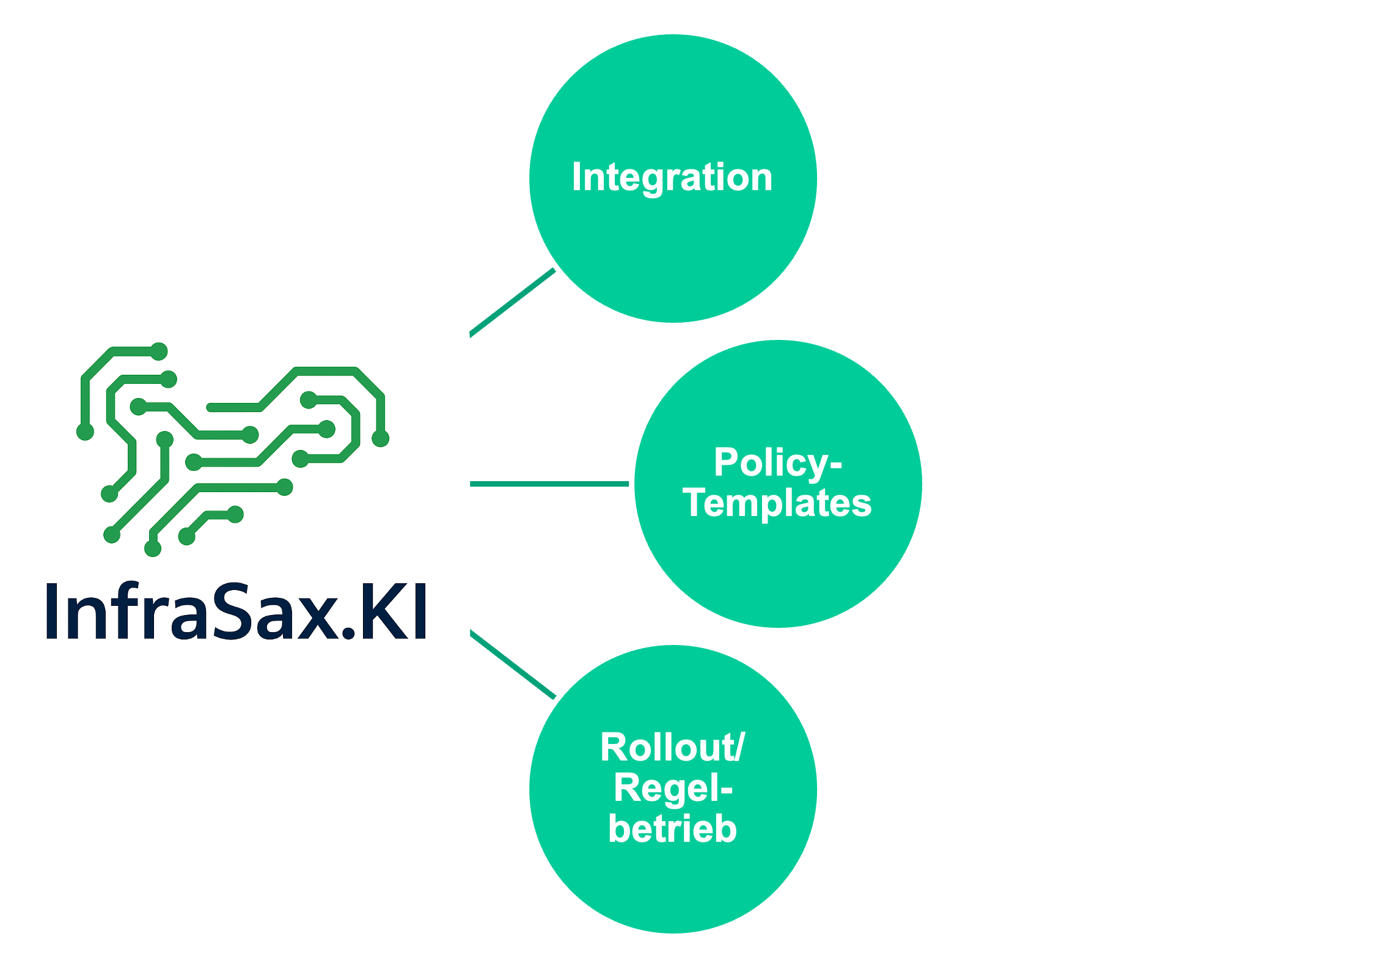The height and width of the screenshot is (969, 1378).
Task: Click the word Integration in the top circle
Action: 672,177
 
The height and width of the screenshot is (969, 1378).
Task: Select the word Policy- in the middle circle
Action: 777,463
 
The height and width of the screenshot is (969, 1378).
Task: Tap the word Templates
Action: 777,503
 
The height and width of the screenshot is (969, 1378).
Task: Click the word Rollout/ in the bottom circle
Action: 672,747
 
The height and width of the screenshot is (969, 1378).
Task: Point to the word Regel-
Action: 672,788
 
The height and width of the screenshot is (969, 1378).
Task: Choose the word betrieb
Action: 672,829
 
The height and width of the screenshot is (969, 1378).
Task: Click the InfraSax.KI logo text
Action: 236,611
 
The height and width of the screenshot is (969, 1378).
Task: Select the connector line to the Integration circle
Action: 512,303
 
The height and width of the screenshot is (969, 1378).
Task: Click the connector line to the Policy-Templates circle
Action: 550,484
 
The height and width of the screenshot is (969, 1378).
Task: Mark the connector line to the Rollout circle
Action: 512,664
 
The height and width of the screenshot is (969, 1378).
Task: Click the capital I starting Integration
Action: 576,177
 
